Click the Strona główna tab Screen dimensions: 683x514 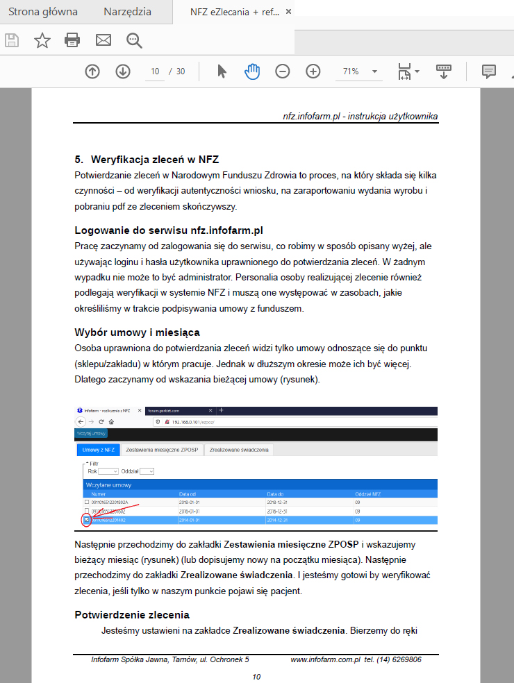pyautogui.click(x=43, y=12)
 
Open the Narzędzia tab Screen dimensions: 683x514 pyautogui.click(x=128, y=12)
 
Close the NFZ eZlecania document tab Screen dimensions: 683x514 pyautogui.click(x=289, y=12)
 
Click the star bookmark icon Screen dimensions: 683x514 pyautogui.click(x=42, y=40)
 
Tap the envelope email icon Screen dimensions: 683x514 pyautogui.click(x=103, y=40)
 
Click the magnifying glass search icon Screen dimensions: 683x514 pyautogui.click(x=134, y=40)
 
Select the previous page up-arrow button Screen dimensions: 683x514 pyautogui.click(x=92, y=71)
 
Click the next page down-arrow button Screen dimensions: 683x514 pyautogui.click(x=123, y=71)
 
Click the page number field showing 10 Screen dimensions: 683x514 pyautogui.click(x=155, y=71)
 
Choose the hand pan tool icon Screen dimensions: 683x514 pyautogui.click(x=251, y=71)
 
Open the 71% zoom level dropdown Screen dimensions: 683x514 pyautogui.click(x=360, y=71)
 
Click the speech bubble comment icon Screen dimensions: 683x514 pyautogui.click(x=489, y=71)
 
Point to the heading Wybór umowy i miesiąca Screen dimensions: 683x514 pyautogui.click(x=137, y=332)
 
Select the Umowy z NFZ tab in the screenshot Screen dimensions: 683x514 pyautogui.click(x=97, y=450)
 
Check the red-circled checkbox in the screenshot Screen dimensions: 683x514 pyautogui.click(x=86, y=519)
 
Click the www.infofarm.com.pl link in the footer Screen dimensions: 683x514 pyautogui.click(x=324, y=659)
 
